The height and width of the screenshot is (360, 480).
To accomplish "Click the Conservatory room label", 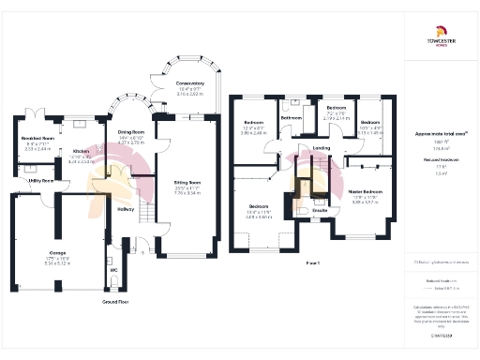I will coord(189,84).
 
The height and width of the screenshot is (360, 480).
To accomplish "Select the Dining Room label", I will coord(131,132).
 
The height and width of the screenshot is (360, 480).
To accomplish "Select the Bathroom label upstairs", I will coord(292,117).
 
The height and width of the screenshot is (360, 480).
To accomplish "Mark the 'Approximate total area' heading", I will coord(441,134).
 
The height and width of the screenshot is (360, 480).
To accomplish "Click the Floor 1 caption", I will coord(313,263).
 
